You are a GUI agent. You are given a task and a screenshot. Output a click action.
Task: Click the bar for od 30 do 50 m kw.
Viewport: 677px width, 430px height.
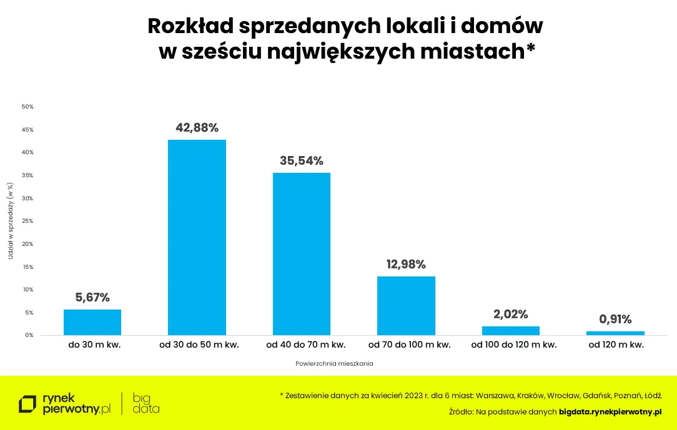click(197, 237)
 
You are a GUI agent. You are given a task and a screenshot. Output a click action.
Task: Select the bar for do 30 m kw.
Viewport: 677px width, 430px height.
click(92, 322)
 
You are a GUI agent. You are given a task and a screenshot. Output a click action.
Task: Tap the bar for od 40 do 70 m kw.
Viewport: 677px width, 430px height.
click(302, 254)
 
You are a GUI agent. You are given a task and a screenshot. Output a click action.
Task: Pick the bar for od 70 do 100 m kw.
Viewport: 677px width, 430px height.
click(406, 306)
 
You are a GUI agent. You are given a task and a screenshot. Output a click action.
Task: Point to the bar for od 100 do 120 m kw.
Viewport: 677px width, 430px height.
click(510, 331)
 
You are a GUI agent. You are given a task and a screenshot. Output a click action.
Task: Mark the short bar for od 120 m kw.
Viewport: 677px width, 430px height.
click(615, 333)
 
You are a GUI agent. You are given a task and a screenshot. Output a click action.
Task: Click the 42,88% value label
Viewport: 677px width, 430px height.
click(197, 128)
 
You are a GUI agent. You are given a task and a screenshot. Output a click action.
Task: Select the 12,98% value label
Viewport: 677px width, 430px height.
click(406, 265)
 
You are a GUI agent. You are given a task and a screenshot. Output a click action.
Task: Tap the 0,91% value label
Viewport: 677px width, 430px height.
click(615, 319)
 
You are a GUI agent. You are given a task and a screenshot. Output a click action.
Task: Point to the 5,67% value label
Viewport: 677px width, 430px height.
click(92, 298)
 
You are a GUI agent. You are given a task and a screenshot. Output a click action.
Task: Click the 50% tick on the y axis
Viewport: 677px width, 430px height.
click(27, 107)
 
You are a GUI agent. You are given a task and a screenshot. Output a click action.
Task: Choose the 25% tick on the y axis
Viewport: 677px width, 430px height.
click(27, 221)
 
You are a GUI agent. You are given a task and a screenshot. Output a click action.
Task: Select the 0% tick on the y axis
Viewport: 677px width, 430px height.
click(29, 335)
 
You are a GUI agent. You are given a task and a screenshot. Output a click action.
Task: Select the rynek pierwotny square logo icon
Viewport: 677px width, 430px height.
click(27, 404)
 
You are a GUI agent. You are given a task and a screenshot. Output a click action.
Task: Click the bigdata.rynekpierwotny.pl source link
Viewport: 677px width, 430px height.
click(610, 412)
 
